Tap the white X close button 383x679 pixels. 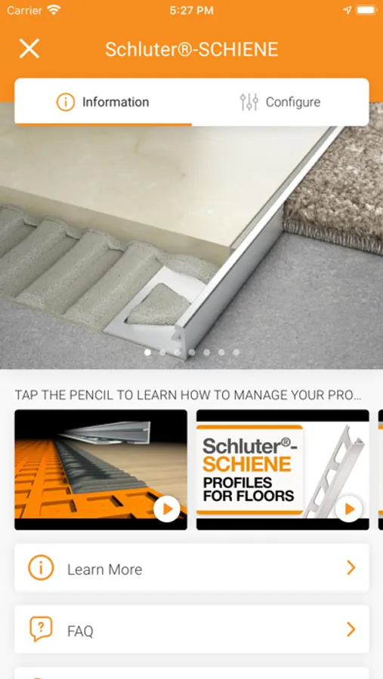click(29, 48)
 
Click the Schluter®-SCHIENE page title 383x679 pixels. click(191, 50)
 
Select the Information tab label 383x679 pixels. click(116, 102)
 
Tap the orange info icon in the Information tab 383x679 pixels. click(66, 102)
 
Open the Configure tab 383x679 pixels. click(293, 102)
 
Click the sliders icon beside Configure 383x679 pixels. click(249, 102)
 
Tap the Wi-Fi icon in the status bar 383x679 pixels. click(54, 10)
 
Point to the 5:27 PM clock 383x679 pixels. click(191, 11)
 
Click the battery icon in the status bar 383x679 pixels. click(366, 11)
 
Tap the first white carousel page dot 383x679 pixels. click(147, 352)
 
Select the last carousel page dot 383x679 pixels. click(236, 352)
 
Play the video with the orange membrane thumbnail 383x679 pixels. click(166, 509)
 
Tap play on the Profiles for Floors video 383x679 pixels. click(349, 509)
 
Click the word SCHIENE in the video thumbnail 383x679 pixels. click(246, 465)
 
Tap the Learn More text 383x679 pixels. click(104, 570)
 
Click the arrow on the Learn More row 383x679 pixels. click(351, 567)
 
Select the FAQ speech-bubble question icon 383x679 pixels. click(42, 629)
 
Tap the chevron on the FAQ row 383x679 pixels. click(351, 629)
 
